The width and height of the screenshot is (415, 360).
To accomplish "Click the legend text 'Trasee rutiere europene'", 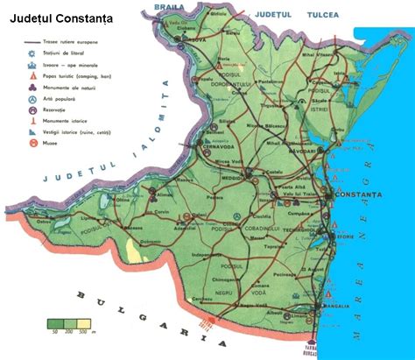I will coord(73,42).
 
